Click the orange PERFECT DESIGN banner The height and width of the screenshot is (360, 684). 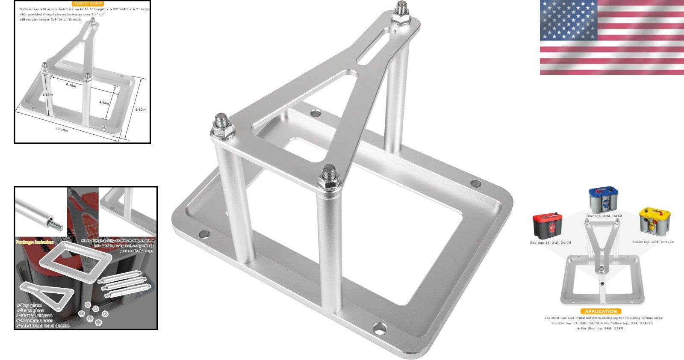point(88,3)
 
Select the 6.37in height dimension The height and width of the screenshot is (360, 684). point(47,94)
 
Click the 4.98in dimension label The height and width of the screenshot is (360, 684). point(104,103)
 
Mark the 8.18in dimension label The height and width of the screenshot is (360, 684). point(71,86)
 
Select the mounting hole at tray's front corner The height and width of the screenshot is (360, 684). point(380,329)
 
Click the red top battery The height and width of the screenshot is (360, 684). point(547,226)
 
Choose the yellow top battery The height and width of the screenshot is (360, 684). point(655,220)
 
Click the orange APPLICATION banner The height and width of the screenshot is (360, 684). point(601,311)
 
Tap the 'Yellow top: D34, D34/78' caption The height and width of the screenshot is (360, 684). point(652,242)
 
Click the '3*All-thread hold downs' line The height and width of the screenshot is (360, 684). point(43,325)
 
